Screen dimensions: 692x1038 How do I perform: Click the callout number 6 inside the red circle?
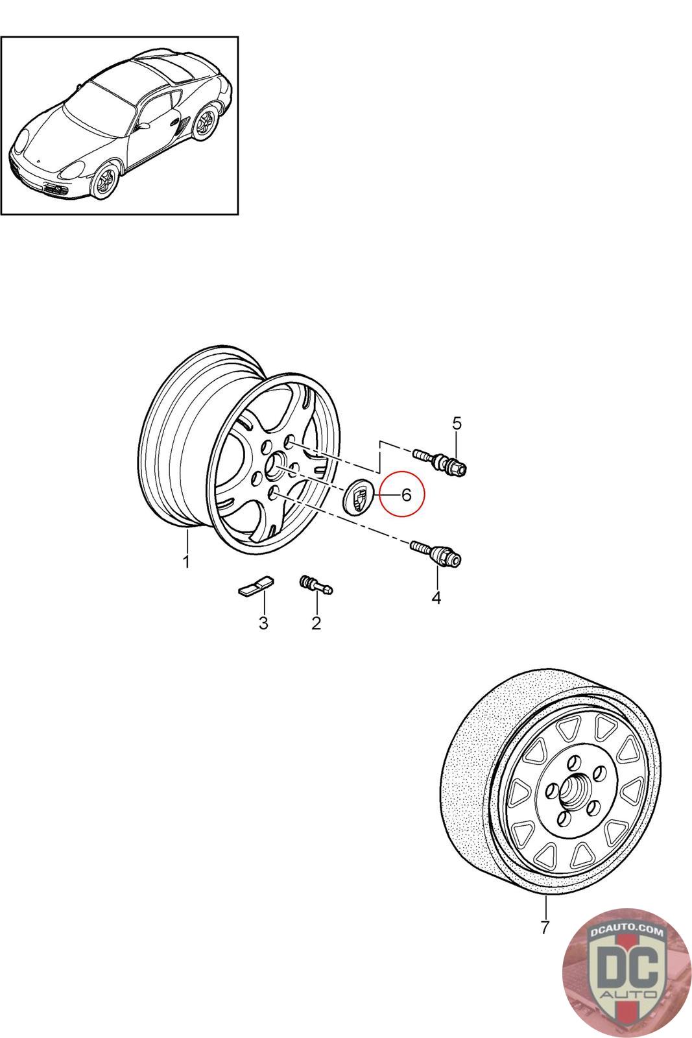406,495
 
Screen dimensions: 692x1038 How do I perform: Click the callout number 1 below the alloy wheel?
186,562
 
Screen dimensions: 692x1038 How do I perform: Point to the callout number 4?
436,597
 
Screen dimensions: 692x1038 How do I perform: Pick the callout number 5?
457,422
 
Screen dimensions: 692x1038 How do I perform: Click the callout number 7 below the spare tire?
545,927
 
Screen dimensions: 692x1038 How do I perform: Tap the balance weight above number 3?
256,585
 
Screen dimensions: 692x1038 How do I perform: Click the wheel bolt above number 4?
435,552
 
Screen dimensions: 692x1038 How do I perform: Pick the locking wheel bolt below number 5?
440,463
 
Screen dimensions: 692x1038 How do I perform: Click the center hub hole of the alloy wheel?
274,465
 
